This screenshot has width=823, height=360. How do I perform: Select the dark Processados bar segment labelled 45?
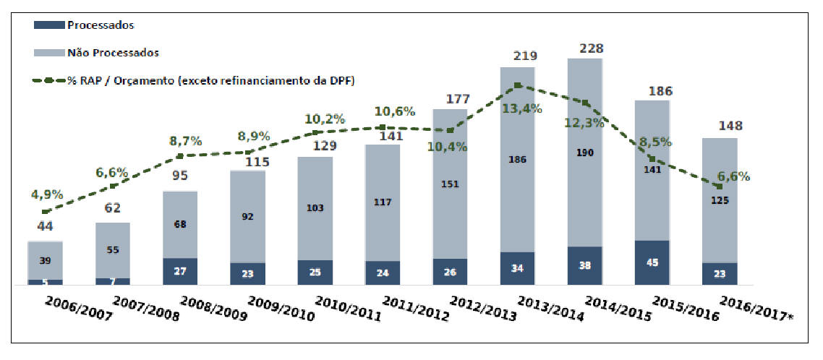pyautogui.click(x=652, y=263)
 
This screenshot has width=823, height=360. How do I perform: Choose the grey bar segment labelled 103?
pyautogui.click(x=315, y=207)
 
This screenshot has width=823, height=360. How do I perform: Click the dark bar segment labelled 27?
pyautogui.click(x=180, y=272)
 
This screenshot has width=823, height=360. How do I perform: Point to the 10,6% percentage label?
pyautogui.click(x=395, y=112)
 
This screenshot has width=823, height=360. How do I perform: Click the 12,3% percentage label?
pyautogui.click(x=584, y=124)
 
